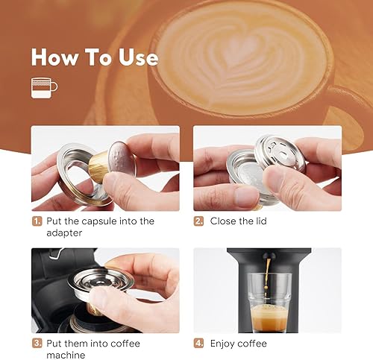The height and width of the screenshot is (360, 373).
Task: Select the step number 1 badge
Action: [x=37, y=221]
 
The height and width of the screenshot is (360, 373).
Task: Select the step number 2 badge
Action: [x=198, y=221]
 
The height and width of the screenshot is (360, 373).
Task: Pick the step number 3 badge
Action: [x=37, y=344]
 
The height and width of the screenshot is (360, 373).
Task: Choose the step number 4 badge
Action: [x=198, y=344]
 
